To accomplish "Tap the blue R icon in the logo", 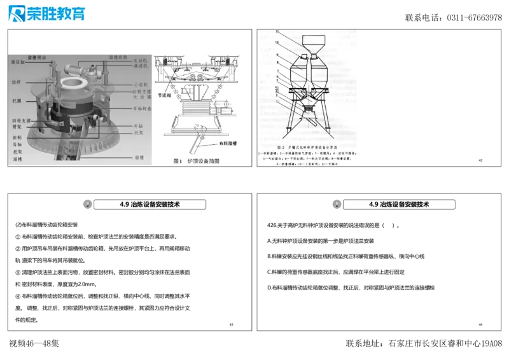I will click(17, 13).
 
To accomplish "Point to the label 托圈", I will click(17, 100).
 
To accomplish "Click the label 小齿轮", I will click(141, 85).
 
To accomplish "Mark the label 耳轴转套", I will click(141, 108).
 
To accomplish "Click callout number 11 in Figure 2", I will click(277, 31).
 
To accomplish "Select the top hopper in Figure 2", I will click(310, 45).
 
